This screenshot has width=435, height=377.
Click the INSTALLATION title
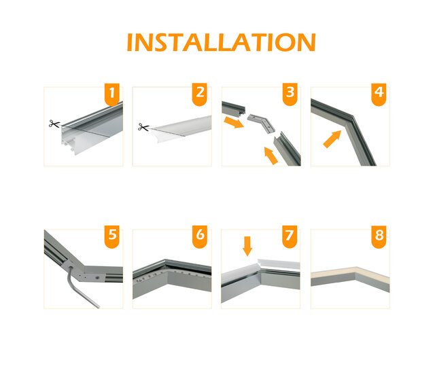pos(221,42)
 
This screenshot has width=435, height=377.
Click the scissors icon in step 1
pos(54,124)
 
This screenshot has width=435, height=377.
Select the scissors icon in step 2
pos(143,127)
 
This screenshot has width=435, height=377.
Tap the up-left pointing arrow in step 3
pos(270,157)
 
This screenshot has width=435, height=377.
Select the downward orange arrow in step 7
pos(247,245)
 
